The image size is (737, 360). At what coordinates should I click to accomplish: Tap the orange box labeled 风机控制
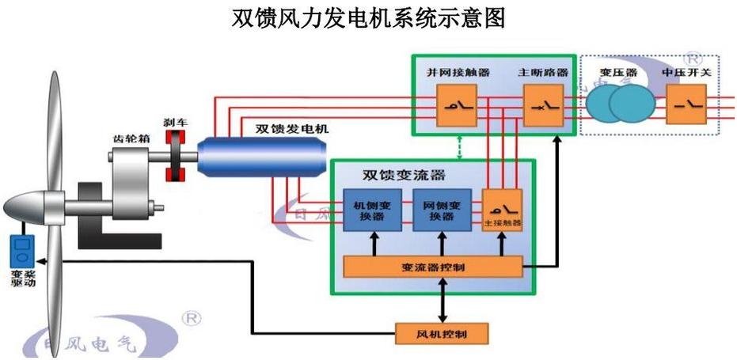coord(442,333)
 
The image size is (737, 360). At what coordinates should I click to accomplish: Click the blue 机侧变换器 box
coord(370,210)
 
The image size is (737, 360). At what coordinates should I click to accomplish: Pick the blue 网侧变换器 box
coord(442,210)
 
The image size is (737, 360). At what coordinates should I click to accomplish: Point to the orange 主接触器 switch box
coord(503,210)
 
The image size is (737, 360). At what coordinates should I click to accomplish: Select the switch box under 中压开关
coord(686,104)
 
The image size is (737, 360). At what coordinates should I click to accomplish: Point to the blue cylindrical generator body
coord(261,156)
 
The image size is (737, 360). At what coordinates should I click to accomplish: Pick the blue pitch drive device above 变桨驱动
coord(21,252)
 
